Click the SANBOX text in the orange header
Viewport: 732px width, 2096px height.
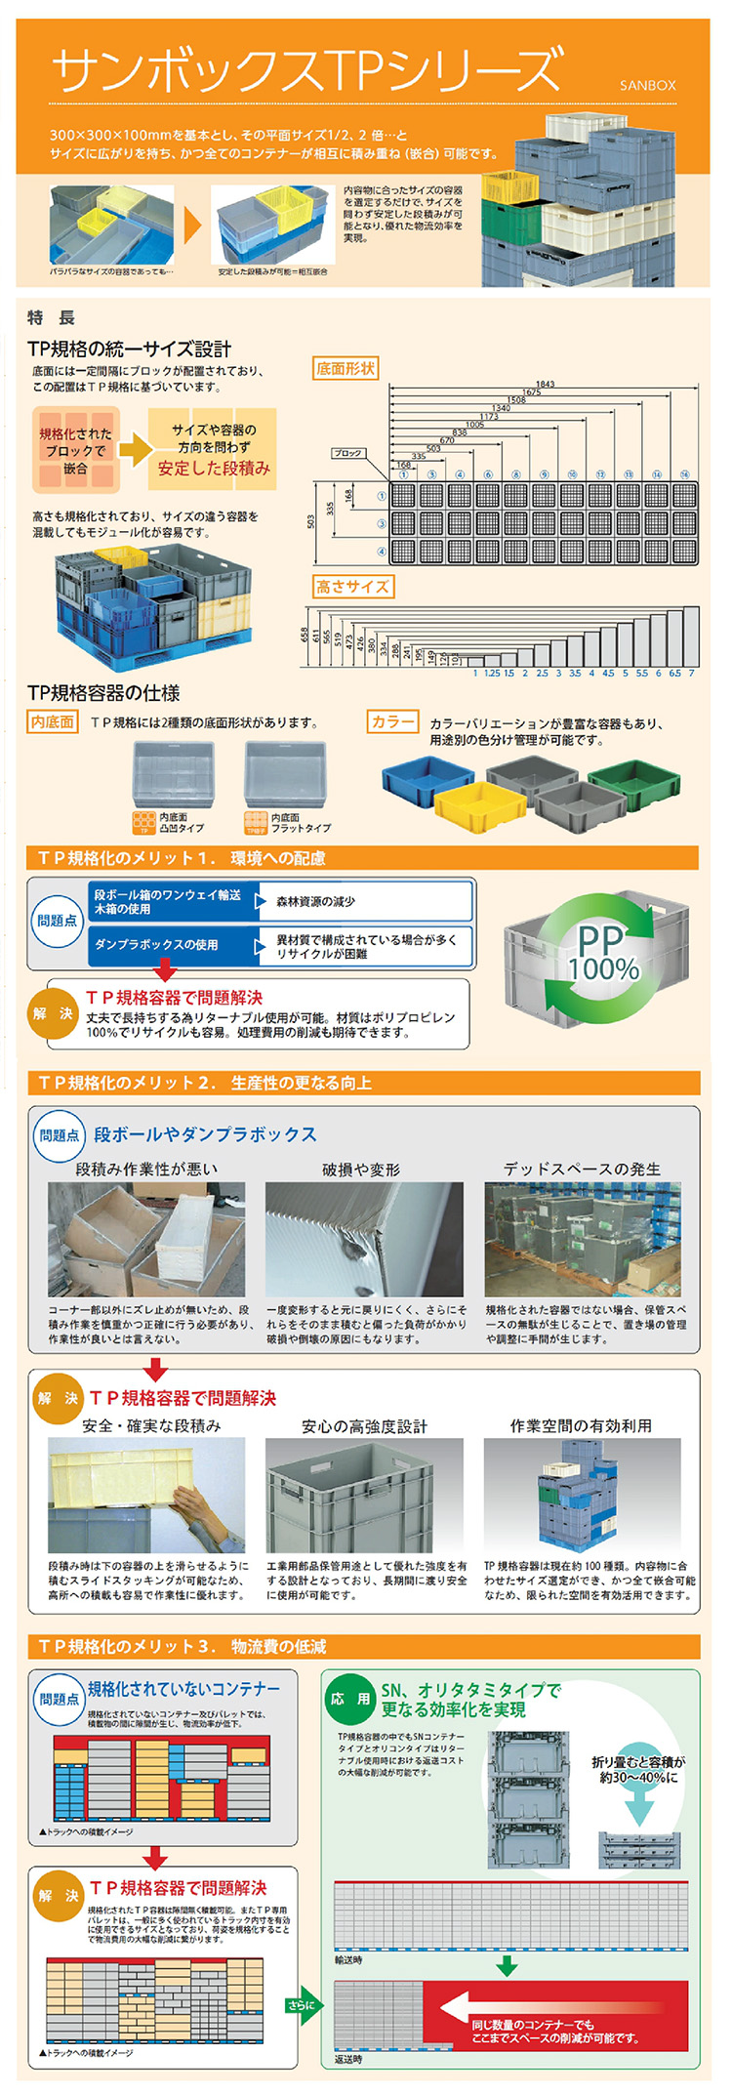(647, 86)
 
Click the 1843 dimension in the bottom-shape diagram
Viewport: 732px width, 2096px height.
(545, 384)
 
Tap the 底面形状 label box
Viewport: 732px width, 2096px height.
(346, 368)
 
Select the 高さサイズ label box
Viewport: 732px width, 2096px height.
(352, 586)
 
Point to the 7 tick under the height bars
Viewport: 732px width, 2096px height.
(691, 673)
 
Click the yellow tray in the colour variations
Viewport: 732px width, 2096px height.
(471, 804)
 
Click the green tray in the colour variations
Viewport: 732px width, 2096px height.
(633, 784)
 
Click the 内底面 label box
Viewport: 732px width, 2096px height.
(52, 721)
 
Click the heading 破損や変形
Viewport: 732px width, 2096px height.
(361, 1169)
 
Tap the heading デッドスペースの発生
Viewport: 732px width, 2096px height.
(582, 1169)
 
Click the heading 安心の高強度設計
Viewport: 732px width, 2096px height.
(364, 1426)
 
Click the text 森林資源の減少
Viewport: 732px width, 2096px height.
(315, 901)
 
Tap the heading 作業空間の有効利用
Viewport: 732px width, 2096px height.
(581, 1425)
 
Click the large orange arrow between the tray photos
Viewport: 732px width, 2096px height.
(192, 226)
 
